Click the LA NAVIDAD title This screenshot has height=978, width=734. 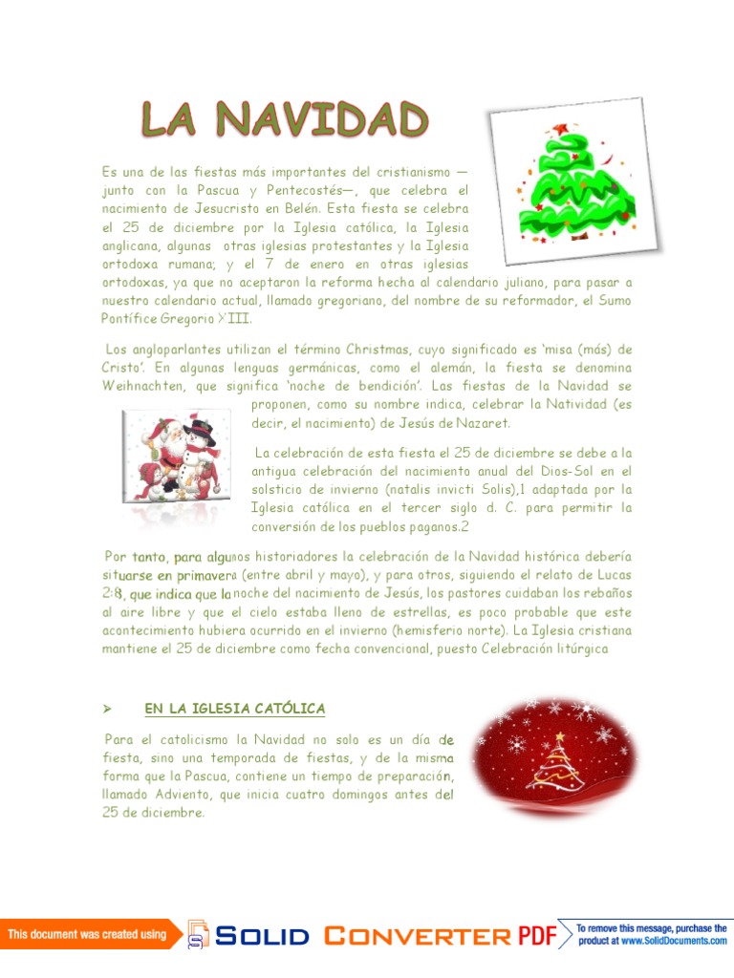(x=285, y=121)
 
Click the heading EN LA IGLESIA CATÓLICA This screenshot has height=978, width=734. (x=235, y=708)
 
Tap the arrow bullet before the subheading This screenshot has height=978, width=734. (x=107, y=709)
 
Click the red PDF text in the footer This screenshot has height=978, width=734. (x=537, y=935)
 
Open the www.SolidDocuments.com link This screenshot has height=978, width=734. (x=674, y=941)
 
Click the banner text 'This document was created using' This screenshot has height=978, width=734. (x=87, y=934)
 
